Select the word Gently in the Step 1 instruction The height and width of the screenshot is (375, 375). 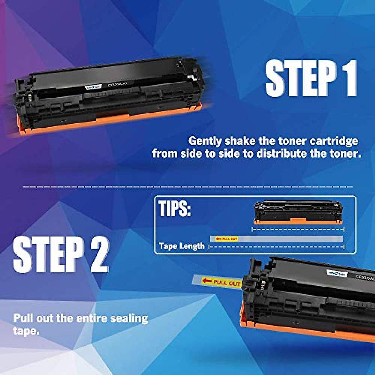(205, 141)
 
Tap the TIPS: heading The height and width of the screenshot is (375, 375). (174, 208)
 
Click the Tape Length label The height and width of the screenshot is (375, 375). (182, 246)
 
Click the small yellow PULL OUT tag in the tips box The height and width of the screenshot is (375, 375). (227, 239)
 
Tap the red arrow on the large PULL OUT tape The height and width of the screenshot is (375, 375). (207, 281)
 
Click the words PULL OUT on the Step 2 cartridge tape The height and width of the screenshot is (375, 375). (227, 283)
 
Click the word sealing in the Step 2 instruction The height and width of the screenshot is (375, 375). (130, 318)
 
